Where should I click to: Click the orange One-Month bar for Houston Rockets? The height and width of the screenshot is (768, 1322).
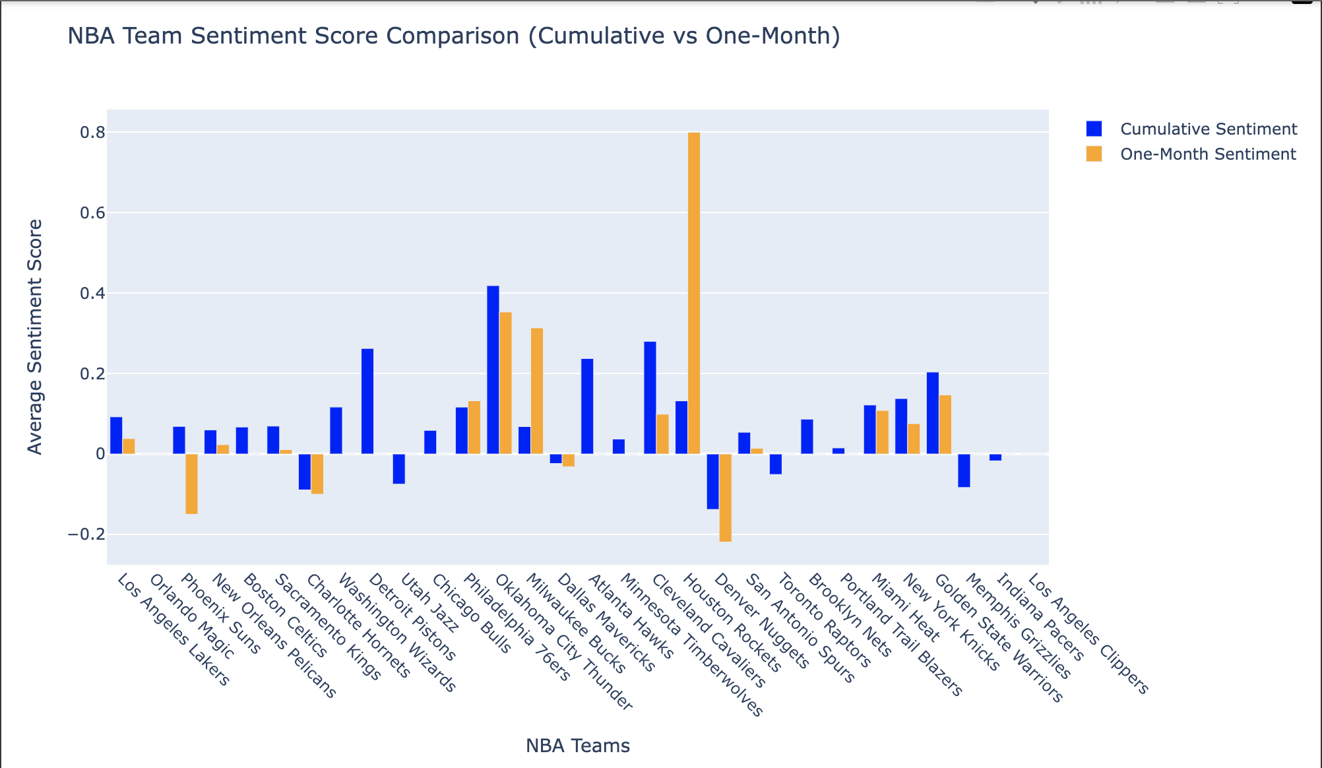pos(694,293)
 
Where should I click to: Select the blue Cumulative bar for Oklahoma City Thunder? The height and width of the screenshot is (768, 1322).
pos(493,369)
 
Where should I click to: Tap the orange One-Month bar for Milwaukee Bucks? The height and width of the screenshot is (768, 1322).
pos(537,391)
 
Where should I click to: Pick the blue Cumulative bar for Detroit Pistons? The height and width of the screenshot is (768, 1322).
pos(367,401)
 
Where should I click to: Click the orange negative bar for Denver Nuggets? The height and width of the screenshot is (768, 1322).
pos(726,497)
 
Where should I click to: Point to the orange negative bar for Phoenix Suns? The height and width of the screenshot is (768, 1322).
pos(191,484)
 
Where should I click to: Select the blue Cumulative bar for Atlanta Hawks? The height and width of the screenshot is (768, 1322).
pos(587,406)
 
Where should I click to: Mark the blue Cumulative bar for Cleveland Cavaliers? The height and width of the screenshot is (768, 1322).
pos(650,397)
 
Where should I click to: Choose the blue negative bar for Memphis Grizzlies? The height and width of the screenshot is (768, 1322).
pos(964,470)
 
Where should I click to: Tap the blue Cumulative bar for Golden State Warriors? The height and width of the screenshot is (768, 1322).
pos(932,413)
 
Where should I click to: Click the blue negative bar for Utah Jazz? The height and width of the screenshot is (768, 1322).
pos(398,469)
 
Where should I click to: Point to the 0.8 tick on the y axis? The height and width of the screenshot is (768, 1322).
pos(92,133)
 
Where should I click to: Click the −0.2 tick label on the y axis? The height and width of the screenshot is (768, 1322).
pos(86,534)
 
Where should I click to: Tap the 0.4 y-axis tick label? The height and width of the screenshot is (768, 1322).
pos(92,293)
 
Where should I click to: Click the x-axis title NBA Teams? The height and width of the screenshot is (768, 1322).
pos(577,746)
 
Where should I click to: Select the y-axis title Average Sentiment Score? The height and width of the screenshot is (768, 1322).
pos(35,336)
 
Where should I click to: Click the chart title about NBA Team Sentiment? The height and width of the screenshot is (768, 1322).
pos(454,36)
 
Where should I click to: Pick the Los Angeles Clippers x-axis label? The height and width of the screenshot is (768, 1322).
pos(1088,633)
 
